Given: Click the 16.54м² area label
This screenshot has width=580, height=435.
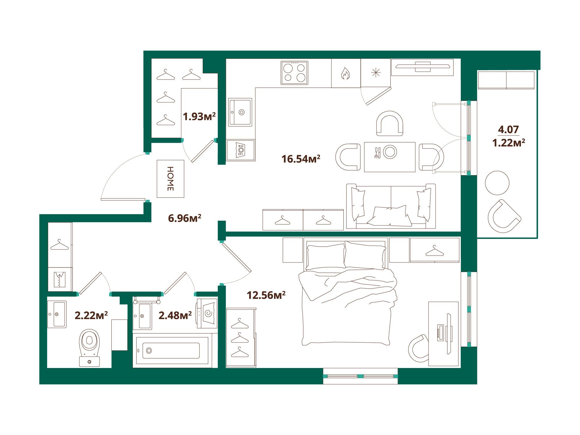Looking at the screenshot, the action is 301,159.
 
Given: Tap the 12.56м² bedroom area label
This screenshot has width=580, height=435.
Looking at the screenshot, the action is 266,295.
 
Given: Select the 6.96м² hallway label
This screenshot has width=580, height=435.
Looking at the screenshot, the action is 185,218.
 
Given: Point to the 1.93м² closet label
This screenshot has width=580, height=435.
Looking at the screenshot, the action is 199,117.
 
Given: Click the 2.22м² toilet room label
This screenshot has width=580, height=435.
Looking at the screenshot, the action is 91,315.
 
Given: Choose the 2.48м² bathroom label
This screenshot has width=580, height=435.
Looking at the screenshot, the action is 175,315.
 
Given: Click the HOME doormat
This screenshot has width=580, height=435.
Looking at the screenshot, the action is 171,179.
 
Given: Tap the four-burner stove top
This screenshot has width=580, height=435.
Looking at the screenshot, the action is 294,73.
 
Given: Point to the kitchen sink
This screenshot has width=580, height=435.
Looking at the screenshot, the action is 240,112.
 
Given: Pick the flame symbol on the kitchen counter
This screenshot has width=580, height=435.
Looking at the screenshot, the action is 345,73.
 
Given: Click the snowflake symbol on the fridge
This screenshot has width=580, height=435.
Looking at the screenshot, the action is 376,72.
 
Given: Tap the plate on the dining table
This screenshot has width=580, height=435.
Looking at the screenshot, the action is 390,152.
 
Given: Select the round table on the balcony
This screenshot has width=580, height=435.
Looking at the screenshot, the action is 497,183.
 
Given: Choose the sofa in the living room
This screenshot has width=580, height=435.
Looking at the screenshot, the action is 391,207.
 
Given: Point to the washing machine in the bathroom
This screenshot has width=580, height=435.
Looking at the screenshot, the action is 207,313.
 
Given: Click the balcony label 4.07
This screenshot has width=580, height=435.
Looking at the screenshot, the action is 508,129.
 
